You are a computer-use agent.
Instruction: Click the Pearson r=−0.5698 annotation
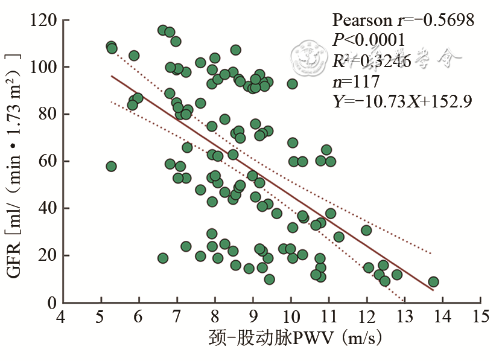click(403, 21)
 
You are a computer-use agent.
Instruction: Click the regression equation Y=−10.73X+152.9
click(402, 101)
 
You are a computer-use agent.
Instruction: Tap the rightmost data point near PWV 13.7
click(433, 282)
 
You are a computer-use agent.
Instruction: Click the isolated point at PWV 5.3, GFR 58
click(111, 166)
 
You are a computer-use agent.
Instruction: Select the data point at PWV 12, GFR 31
click(366, 230)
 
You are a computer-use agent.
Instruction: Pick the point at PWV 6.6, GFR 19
click(163, 258)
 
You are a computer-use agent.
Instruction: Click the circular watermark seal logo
click(310, 56)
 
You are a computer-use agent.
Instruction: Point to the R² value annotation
click(372, 61)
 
